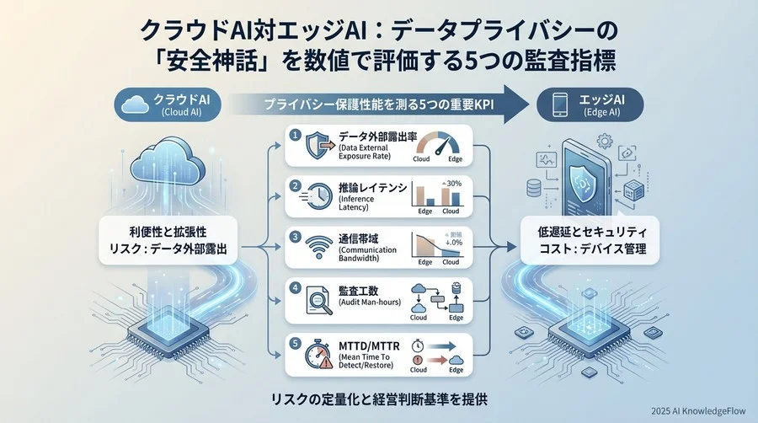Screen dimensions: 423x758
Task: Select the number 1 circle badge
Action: point(294,135)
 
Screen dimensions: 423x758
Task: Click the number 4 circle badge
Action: point(294,287)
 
